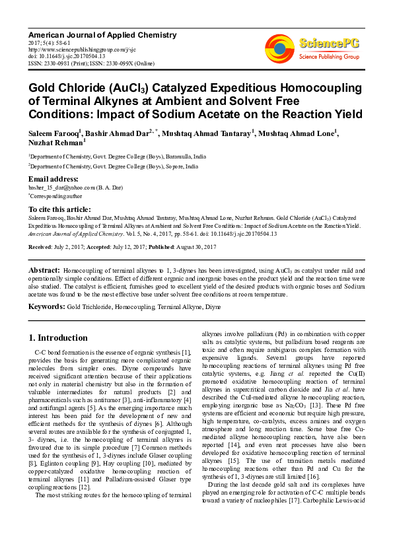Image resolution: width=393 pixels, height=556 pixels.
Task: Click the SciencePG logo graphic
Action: pyautogui.click(x=279, y=48)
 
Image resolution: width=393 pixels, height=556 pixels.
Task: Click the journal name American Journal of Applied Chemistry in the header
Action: pyautogui.click(x=102, y=34)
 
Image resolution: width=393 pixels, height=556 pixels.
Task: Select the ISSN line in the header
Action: pyautogui.click(x=89, y=63)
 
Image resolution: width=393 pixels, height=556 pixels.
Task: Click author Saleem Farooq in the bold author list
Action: pyautogui.click(x=53, y=133)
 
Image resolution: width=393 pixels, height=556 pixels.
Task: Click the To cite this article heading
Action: pyautogui.click(x=61, y=209)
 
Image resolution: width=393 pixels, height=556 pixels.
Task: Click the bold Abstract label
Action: pyautogui.click(x=44, y=271)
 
